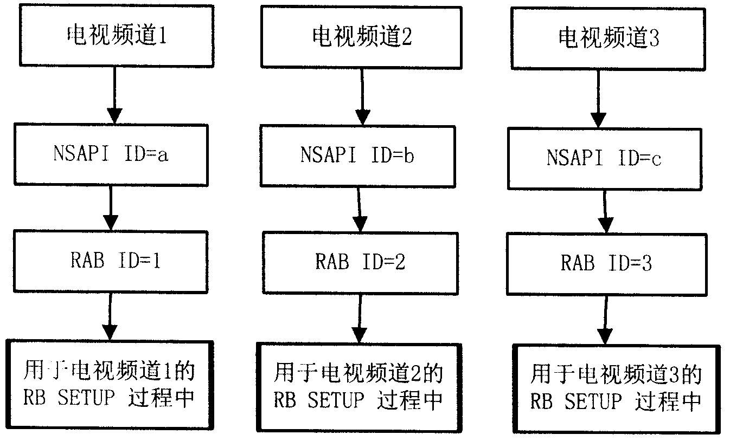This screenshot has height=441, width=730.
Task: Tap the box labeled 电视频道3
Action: pos(609,38)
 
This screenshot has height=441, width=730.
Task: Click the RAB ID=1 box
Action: pos(112,261)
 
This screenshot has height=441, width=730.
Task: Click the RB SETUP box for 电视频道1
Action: pos(109,385)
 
